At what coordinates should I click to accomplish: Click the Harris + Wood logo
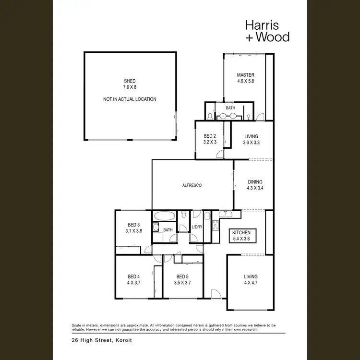click(x=267, y=30)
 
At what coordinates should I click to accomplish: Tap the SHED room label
click(x=129, y=81)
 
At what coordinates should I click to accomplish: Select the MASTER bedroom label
click(x=245, y=75)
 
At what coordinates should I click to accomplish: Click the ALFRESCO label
click(x=192, y=185)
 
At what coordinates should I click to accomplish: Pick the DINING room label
click(x=255, y=182)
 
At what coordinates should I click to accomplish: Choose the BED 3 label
click(x=133, y=225)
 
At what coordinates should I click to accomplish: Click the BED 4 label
click(x=134, y=276)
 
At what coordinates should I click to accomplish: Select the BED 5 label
click(x=182, y=276)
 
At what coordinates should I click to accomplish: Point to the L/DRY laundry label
click(x=197, y=227)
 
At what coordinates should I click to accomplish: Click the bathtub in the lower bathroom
click(x=165, y=217)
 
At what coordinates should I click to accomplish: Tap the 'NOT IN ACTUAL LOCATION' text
click(x=130, y=99)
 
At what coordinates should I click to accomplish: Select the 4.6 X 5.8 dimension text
click(x=245, y=82)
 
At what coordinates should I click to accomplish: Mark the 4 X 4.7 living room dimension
click(x=251, y=283)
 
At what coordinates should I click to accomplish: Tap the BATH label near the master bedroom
click(x=231, y=108)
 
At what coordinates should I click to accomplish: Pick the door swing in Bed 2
click(x=219, y=154)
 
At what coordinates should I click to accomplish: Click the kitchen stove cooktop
click(x=216, y=225)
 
